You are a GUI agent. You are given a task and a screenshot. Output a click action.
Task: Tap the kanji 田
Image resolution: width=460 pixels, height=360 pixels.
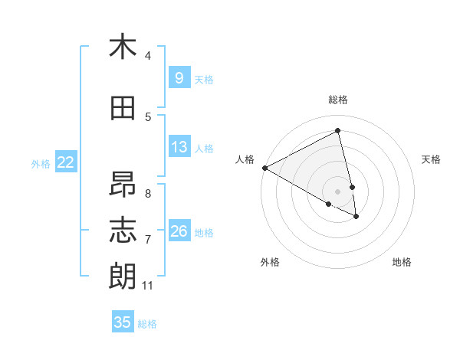coord(123,109)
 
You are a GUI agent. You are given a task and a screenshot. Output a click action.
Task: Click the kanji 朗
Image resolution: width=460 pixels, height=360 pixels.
coord(123,276)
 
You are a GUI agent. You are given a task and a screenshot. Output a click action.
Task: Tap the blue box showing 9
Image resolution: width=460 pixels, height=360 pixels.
coord(179,78)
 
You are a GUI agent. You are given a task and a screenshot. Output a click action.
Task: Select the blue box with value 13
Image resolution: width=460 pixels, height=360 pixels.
coord(179,147)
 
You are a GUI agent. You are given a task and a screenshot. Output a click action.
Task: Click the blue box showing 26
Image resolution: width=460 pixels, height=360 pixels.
coord(179,231)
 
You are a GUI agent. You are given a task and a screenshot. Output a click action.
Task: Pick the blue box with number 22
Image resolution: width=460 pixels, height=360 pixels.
coord(66,162)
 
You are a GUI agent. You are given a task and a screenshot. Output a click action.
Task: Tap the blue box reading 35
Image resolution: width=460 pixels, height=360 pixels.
coord(123,322)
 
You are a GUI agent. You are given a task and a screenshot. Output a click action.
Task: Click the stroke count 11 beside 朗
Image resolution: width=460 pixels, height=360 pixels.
coord(147,286)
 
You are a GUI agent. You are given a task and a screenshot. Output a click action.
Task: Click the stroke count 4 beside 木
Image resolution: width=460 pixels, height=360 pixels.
coord(147,56)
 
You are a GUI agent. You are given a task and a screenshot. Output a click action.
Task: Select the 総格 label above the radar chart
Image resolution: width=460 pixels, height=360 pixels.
coord(338,100)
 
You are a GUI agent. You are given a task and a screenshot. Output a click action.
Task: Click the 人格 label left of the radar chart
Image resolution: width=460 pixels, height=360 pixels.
coord(245,159)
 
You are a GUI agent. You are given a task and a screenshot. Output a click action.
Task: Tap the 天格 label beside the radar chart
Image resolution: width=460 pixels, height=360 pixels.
coord(431,159)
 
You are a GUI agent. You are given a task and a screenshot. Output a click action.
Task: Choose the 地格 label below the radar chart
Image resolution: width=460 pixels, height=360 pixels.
coord(402,262)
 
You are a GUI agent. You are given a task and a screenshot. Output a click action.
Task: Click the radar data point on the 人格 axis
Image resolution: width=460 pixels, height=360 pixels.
coord(264,168)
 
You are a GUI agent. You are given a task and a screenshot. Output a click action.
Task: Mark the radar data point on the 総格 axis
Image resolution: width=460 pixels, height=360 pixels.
coord(338,131)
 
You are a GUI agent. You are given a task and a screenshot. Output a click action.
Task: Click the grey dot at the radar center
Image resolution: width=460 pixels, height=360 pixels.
coord(338,191)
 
